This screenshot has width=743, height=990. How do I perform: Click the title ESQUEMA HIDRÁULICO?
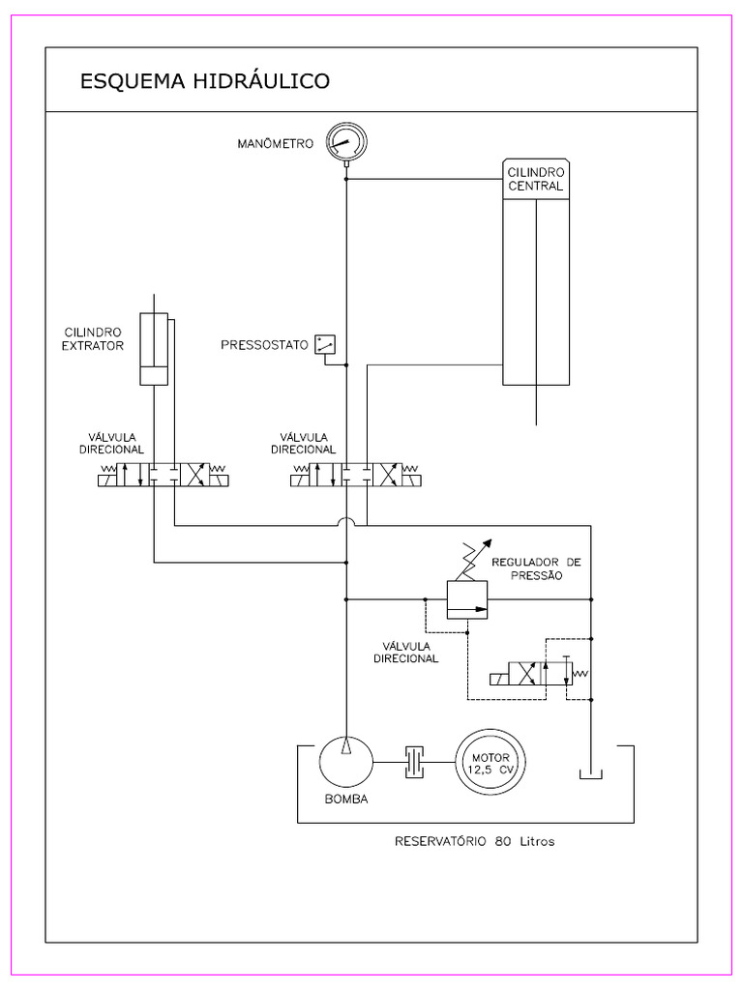point(204,80)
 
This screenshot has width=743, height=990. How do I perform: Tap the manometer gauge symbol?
point(344,142)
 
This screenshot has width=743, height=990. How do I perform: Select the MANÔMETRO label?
point(276,144)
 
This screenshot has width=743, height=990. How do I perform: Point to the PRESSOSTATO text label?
point(264,344)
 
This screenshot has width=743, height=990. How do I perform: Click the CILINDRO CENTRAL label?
point(535,179)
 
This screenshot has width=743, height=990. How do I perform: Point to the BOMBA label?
point(346,800)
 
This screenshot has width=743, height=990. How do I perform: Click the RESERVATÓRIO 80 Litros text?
point(474,841)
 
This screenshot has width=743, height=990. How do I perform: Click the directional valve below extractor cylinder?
point(163,476)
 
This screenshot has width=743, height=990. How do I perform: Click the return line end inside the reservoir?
point(589,775)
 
